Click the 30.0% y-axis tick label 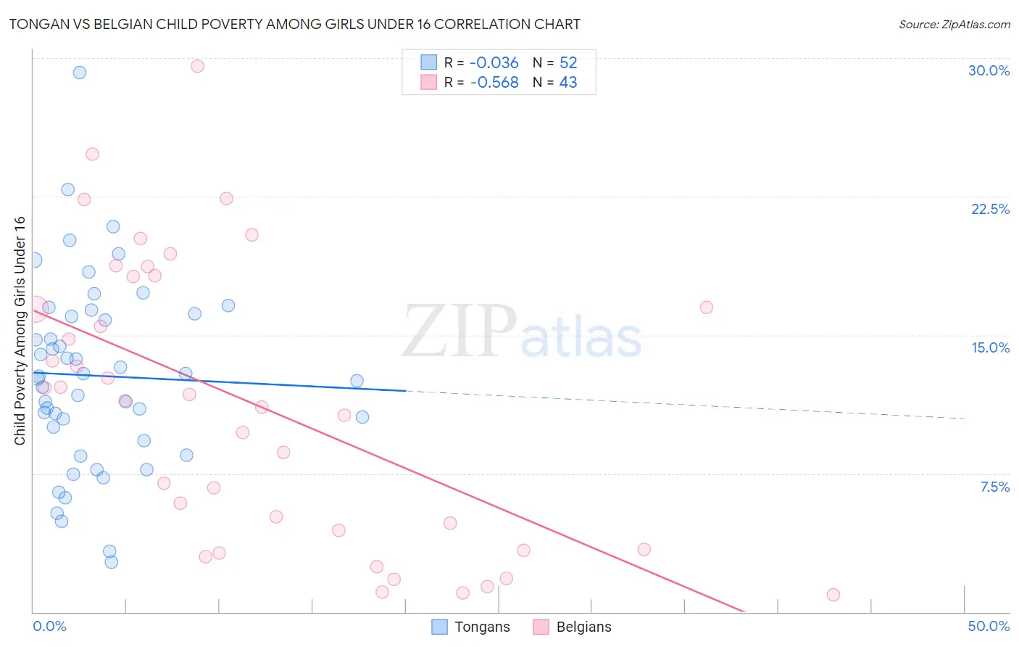[x=989, y=70]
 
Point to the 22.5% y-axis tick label [x=990, y=209]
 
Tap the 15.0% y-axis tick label [x=990, y=347]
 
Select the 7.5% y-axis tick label [x=994, y=487]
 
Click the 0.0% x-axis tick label [x=49, y=626]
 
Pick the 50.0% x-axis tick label [x=989, y=626]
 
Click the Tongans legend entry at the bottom [x=471, y=627]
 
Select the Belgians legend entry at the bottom [x=573, y=627]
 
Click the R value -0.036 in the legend [x=494, y=62]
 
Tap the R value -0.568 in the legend [x=494, y=83]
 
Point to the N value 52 [x=568, y=62]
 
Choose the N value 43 [x=568, y=83]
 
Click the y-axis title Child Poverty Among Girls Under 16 [x=20, y=331]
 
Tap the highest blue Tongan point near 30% [x=80, y=73]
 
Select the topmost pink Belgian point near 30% [x=197, y=66]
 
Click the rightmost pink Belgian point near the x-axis [x=833, y=595]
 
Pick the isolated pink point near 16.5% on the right [x=707, y=308]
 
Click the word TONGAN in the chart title [x=37, y=25]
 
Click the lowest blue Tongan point [x=111, y=562]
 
